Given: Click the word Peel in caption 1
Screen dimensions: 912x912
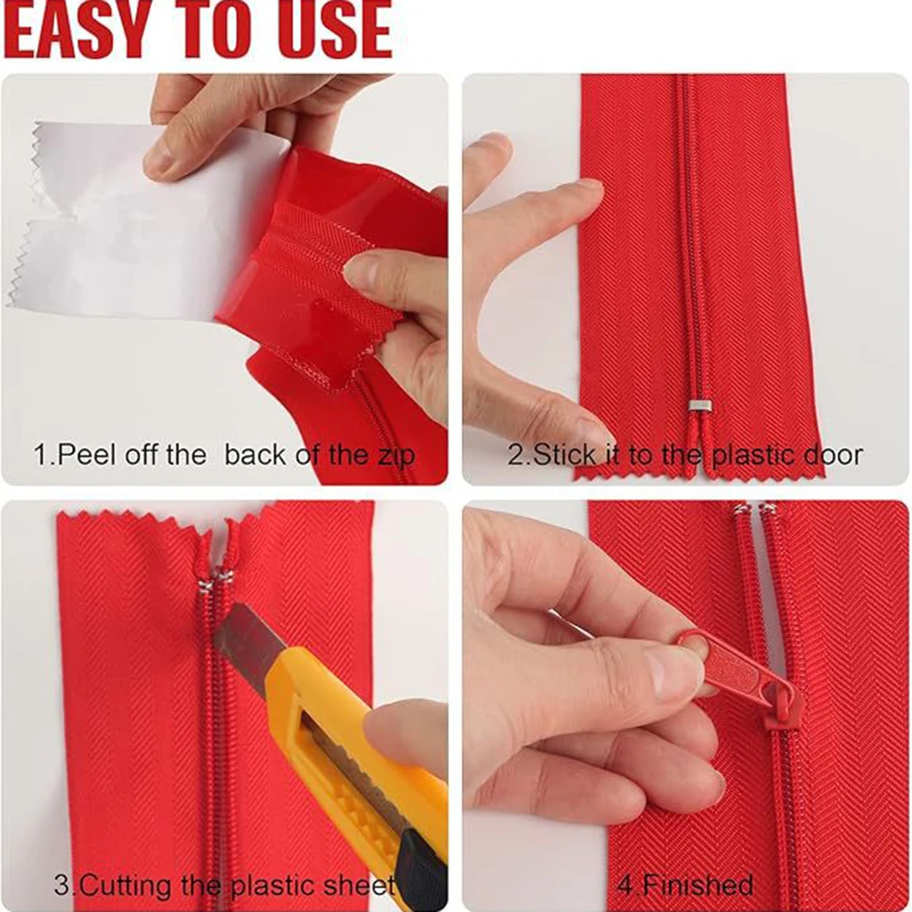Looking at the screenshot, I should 87,456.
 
